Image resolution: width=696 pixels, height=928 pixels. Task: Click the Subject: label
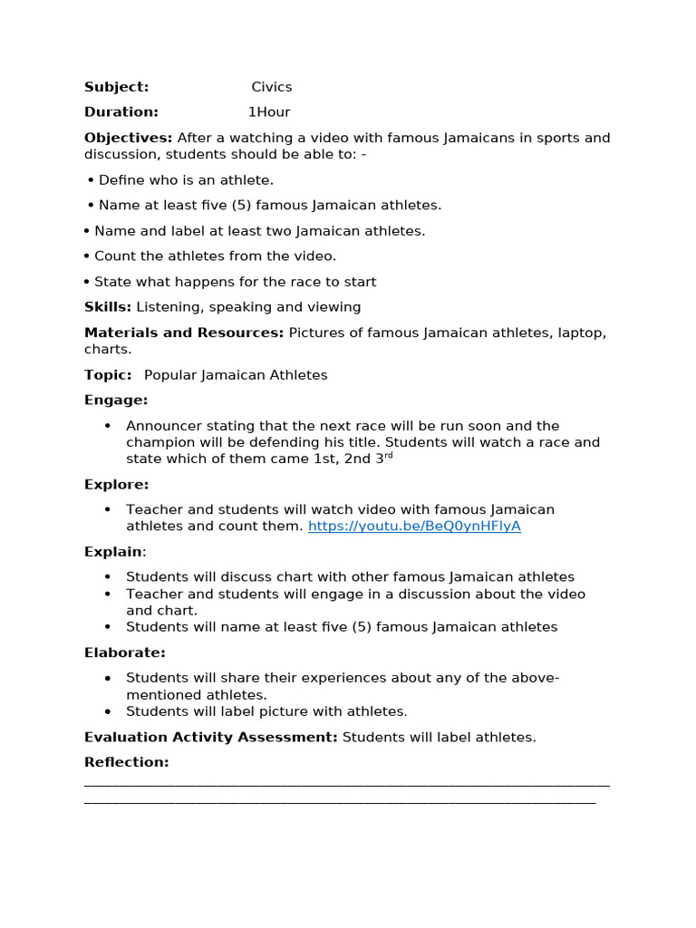tap(116, 87)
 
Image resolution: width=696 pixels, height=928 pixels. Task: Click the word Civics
tap(272, 87)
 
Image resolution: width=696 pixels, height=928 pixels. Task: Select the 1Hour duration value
tap(269, 112)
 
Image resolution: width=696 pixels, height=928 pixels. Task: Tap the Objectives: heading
tap(128, 138)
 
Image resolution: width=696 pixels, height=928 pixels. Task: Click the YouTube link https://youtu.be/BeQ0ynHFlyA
tap(414, 526)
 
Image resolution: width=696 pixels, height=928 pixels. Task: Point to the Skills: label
tap(108, 307)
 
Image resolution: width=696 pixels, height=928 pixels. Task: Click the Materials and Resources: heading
tap(184, 333)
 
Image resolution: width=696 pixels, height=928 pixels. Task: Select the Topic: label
tap(108, 375)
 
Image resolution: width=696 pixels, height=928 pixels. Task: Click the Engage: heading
tap(116, 400)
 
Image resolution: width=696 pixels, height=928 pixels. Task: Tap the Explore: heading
tap(117, 484)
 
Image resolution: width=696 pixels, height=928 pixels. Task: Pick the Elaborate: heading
tap(125, 652)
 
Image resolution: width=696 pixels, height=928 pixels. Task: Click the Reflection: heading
tap(127, 762)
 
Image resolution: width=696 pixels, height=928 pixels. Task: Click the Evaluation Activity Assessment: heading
tap(210, 737)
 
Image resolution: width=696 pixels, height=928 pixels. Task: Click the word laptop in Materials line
tap(581, 333)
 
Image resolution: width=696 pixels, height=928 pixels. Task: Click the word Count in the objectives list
tap(113, 256)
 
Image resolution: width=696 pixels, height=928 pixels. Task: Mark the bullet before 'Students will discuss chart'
tap(108, 577)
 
